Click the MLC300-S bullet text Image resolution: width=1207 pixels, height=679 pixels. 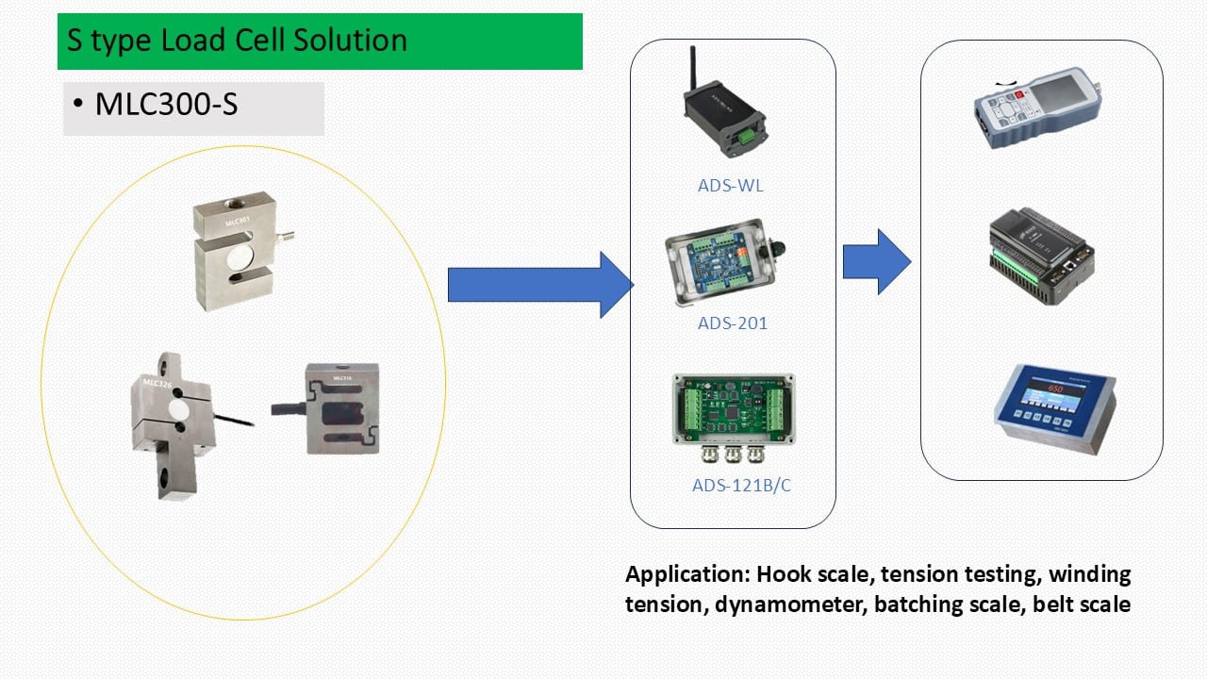(x=166, y=105)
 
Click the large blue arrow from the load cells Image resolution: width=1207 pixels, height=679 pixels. (x=537, y=285)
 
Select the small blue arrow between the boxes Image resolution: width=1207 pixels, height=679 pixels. (x=876, y=261)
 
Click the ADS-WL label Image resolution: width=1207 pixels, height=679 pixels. (x=730, y=186)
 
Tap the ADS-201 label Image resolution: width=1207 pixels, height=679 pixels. (x=732, y=323)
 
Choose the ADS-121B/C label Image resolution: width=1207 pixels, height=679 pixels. (x=735, y=487)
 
